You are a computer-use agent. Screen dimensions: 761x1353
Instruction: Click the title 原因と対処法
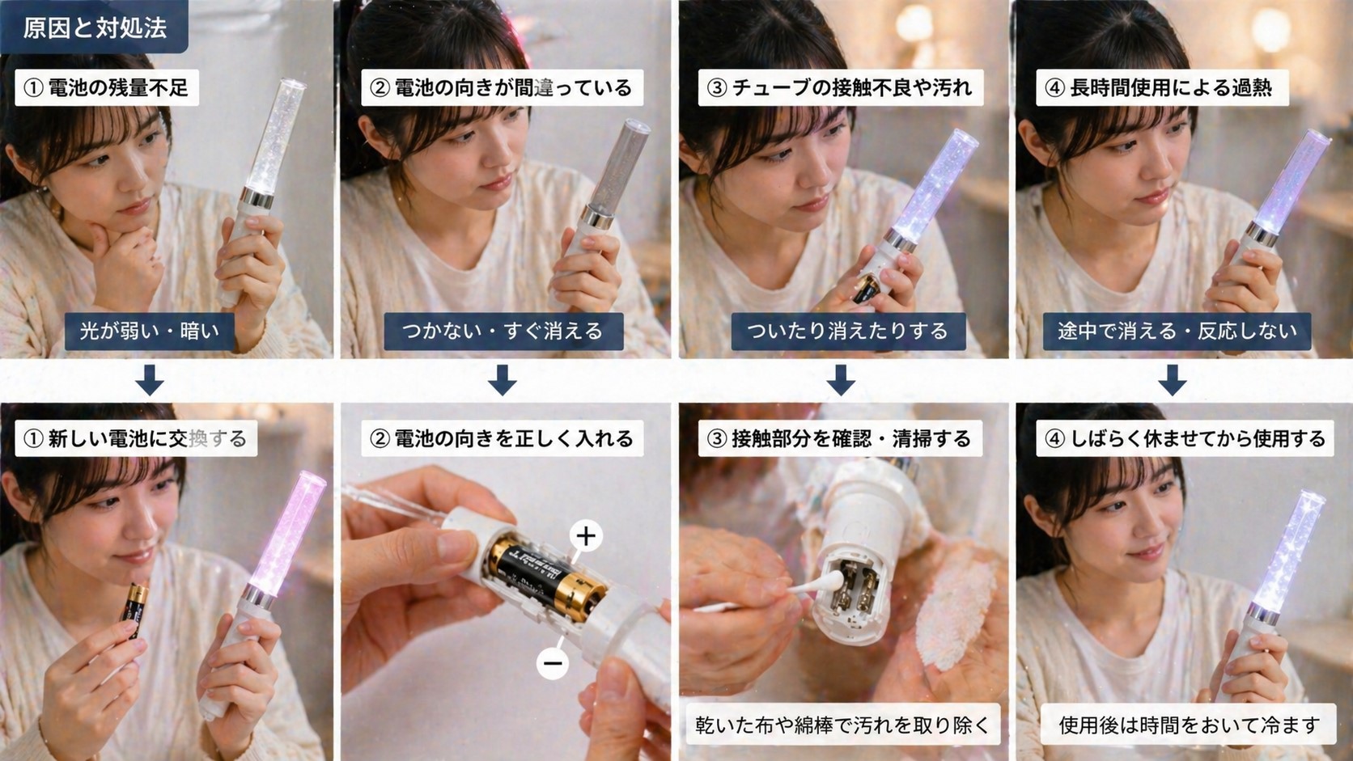(94, 27)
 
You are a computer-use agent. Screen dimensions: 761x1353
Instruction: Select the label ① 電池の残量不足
(106, 87)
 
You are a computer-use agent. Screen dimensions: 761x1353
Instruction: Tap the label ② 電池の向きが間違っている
(501, 87)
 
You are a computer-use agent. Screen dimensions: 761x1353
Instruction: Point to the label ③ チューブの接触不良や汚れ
(840, 87)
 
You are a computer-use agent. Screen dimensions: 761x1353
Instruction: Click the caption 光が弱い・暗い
(150, 331)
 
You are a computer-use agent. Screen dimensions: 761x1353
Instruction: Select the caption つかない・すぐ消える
(503, 331)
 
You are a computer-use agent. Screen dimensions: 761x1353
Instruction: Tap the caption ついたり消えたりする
(847, 331)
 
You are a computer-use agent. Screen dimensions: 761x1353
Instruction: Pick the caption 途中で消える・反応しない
(1177, 331)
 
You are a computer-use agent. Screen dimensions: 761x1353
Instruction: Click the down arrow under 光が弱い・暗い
(150, 379)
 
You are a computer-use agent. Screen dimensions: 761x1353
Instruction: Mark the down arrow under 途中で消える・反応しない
(1172, 379)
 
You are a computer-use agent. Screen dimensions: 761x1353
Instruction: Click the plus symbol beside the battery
(586, 535)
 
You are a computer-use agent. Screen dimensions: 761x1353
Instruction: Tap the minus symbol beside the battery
(553, 663)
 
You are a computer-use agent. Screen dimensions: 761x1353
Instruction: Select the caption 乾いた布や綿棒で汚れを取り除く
(842, 725)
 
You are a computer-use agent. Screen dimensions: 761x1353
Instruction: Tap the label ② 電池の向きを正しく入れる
(502, 438)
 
